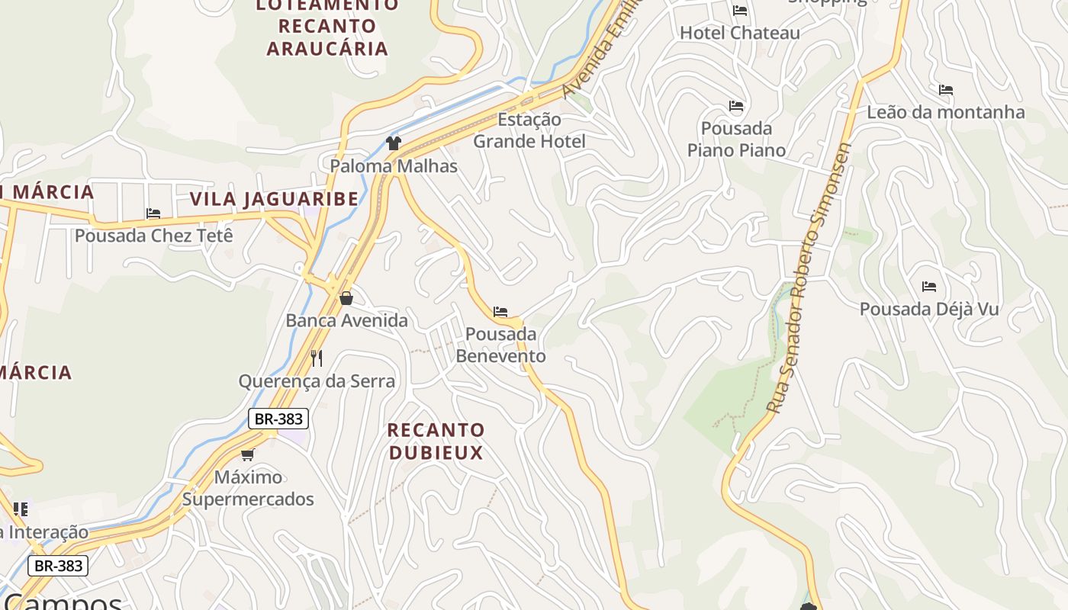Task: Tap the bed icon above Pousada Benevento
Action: click(x=500, y=312)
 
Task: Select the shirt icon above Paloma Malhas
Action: click(x=394, y=143)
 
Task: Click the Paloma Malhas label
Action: click(x=394, y=166)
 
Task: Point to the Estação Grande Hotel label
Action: click(x=529, y=130)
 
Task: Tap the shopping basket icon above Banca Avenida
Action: click(x=346, y=298)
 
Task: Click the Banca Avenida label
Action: click(x=347, y=320)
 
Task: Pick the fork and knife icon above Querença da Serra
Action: click(x=317, y=358)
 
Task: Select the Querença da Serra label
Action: click(x=317, y=381)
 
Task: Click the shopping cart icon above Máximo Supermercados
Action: click(x=247, y=455)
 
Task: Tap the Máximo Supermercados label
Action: click(x=248, y=488)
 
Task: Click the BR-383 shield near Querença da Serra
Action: click(x=278, y=419)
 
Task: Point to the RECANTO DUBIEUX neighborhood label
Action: click(x=436, y=441)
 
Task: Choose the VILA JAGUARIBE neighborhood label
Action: click(x=274, y=200)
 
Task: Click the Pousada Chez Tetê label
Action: click(x=153, y=236)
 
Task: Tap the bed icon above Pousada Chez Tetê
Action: click(x=153, y=213)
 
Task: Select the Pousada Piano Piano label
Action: click(x=736, y=139)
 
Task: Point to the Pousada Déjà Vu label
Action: click(x=929, y=310)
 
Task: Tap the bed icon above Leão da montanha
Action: click(x=946, y=90)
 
